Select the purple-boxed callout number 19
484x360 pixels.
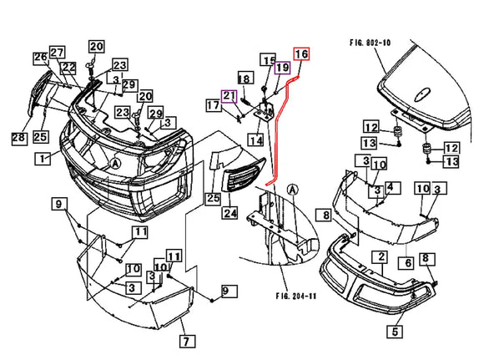pos(283,67)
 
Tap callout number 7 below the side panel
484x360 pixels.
pos(186,341)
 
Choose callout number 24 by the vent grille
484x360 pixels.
pos(230,214)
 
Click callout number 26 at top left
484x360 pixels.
pos(40,57)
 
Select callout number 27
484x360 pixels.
pos(57,52)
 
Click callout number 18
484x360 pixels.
pos(245,79)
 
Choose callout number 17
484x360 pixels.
pos(214,106)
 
